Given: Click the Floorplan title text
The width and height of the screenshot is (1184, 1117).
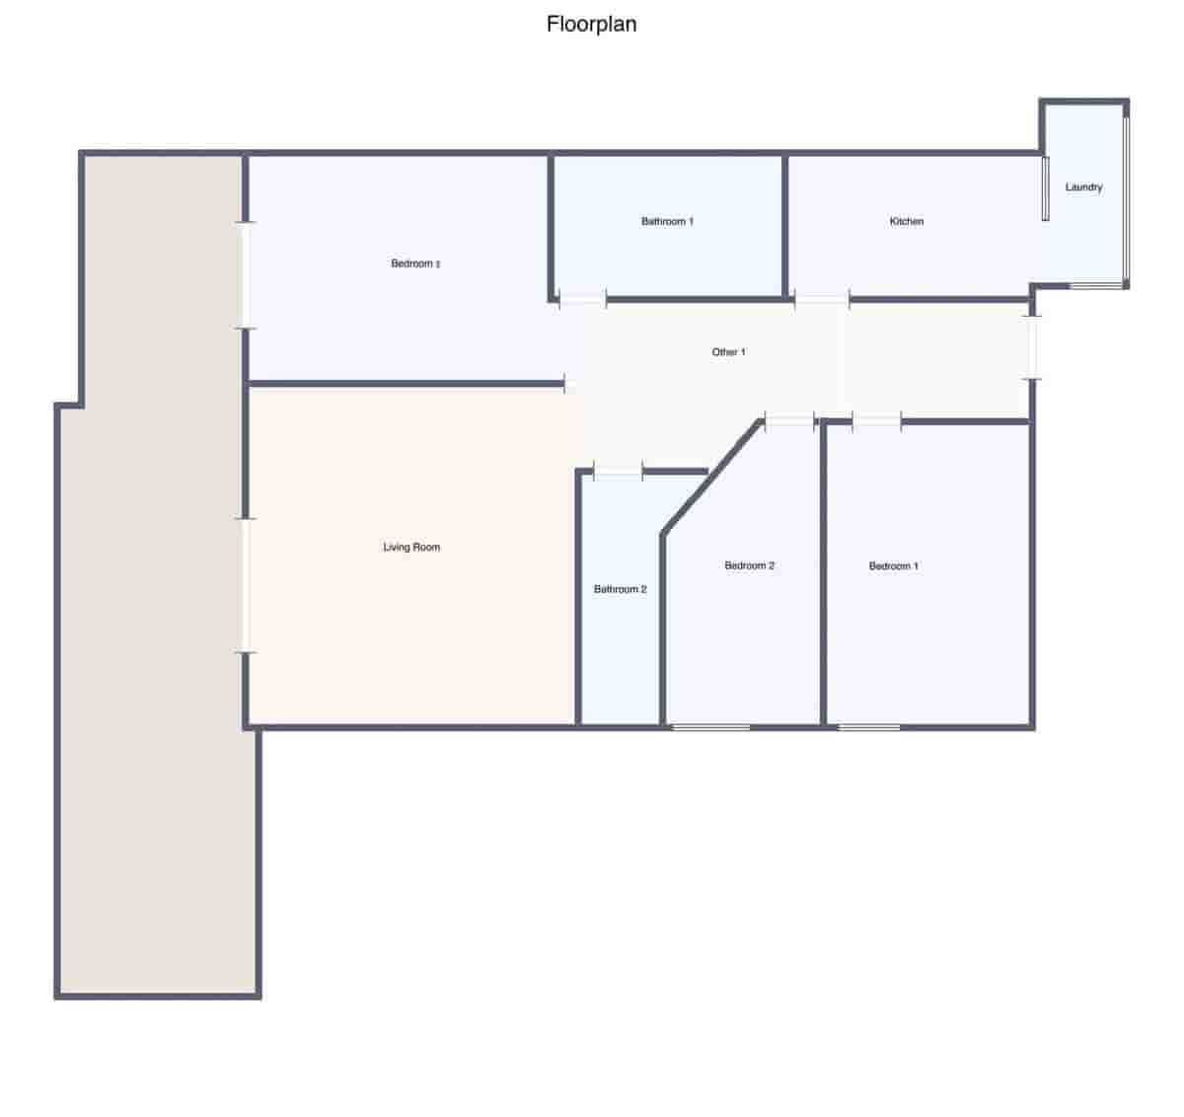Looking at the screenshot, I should point(591,24).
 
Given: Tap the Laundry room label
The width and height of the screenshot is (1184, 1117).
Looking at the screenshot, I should point(1083,187).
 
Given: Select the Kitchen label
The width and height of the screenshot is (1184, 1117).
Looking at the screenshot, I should point(907,222).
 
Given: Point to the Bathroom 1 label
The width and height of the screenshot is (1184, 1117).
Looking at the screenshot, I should point(667,222).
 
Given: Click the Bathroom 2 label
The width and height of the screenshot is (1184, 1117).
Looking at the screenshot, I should point(620,590).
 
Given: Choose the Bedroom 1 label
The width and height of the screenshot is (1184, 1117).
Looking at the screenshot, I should point(893,566).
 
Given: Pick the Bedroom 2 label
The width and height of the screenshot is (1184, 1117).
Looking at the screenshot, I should point(749,566).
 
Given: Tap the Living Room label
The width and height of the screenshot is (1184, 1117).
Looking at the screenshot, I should point(411,548).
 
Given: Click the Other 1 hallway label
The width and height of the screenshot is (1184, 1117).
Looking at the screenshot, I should point(728,352).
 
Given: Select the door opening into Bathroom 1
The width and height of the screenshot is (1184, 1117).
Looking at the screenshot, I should point(582,299).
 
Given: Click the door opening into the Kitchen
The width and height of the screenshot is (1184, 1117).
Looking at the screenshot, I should point(822,299).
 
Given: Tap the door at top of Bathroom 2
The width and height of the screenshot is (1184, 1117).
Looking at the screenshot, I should point(618,472).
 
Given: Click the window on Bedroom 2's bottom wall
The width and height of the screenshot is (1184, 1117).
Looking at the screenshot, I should point(710,728).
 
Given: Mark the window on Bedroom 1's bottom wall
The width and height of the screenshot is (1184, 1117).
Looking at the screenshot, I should point(869,728).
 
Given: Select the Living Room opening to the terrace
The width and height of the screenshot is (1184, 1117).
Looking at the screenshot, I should point(246,585).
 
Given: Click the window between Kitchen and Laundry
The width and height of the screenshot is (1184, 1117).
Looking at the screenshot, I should point(1045,188).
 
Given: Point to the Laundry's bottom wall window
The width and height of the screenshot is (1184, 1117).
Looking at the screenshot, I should point(1096,286).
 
